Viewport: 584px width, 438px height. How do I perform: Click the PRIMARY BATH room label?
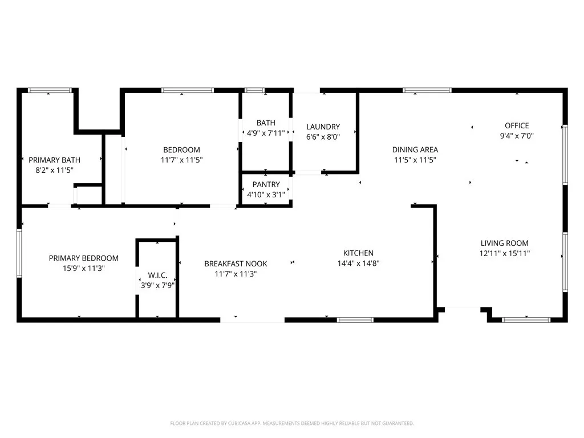pyautogui.click(x=55, y=160)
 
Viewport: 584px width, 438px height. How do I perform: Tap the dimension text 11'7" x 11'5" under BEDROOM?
pyautogui.click(x=182, y=160)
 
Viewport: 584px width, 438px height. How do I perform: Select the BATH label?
pyautogui.click(x=266, y=123)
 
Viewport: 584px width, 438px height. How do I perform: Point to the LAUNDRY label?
pyautogui.click(x=323, y=127)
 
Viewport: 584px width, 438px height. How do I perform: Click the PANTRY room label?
pyautogui.click(x=266, y=184)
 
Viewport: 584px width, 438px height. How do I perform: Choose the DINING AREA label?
pyautogui.click(x=415, y=150)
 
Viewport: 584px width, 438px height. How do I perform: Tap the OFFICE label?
pyautogui.click(x=517, y=125)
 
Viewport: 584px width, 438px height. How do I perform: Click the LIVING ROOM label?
pyautogui.click(x=504, y=243)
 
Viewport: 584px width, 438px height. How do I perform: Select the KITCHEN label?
pyautogui.click(x=358, y=253)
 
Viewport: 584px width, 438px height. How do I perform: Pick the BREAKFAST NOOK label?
pyautogui.click(x=236, y=263)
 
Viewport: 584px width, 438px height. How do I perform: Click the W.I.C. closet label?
pyautogui.click(x=157, y=275)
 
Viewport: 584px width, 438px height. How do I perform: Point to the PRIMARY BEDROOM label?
pyautogui.click(x=84, y=258)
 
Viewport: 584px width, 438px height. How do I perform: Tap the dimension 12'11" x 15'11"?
pyautogui.click(x=505, y=253)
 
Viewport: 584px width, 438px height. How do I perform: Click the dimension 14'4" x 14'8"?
pyautogui.click(x=358, y=263)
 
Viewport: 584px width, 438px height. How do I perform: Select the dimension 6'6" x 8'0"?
pyautogui.click(x=323, y=137)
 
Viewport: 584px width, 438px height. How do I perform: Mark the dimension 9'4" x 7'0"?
pyautogui.click(x=517, y=136)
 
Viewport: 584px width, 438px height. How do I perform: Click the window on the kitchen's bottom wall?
pyautogui.click(x=355, y=320)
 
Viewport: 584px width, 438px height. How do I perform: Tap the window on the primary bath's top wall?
pyautogui.click(x=50, y=90)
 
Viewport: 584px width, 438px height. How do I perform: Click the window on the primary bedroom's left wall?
pyautogui.click(x=19, y=253)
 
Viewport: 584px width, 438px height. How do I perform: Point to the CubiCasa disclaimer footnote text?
pyautogui.click(x=292, y=423)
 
